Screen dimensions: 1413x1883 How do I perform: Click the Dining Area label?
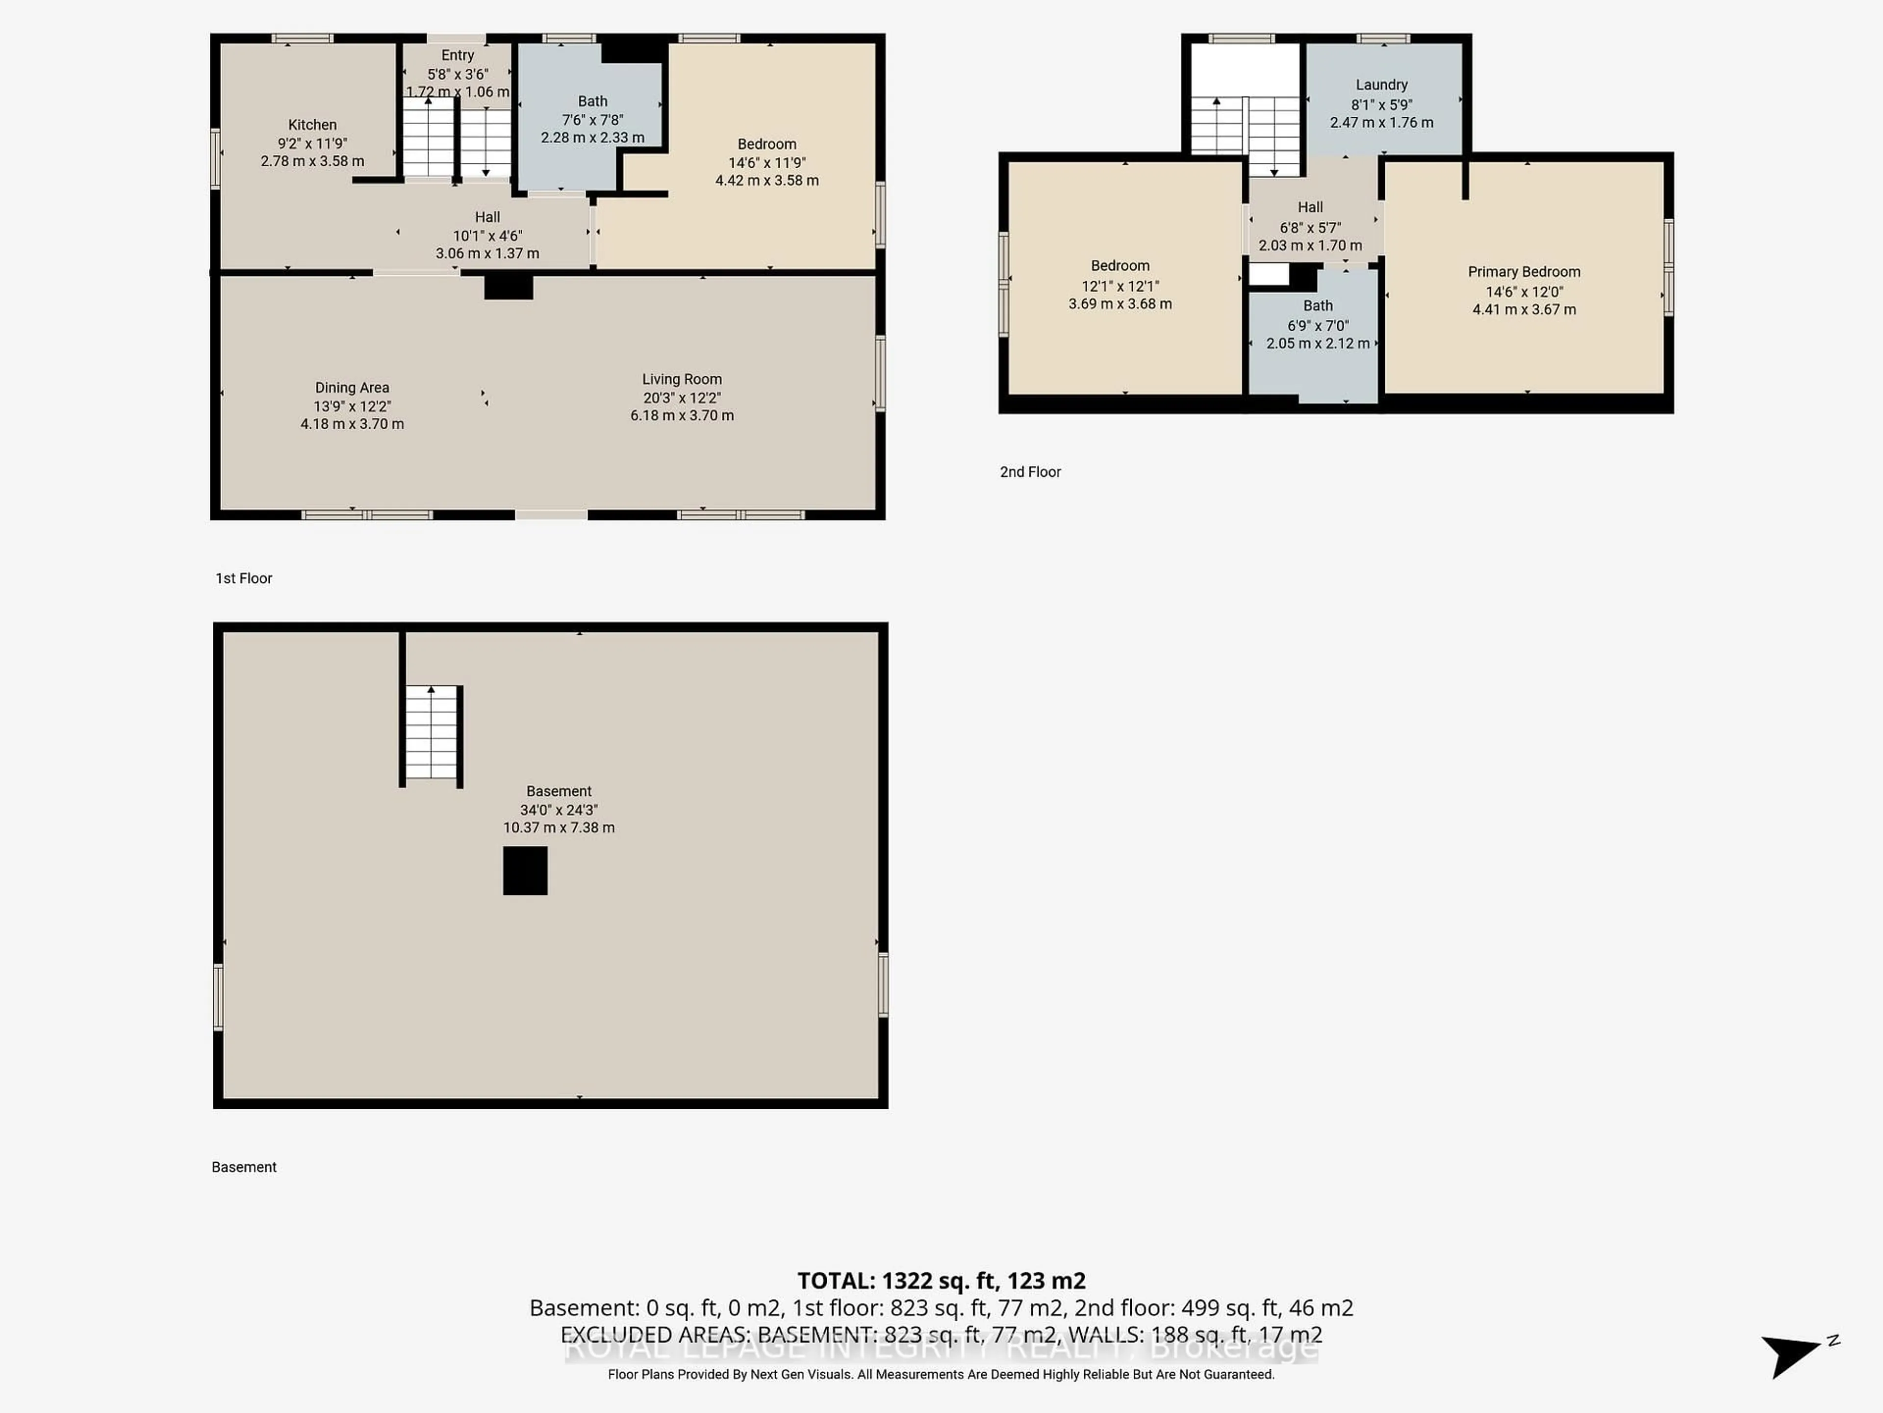(x=352, y=388)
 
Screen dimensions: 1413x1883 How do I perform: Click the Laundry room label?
(x=1381, y=85)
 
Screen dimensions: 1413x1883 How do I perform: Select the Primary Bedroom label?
(x=1523, y=272)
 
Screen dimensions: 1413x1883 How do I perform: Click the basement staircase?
(x=432, y=733)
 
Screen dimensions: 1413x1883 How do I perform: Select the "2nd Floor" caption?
(x=1030, y=472)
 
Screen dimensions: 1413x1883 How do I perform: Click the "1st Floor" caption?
(x=243, y=578)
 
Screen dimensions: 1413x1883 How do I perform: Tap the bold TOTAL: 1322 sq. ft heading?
(x=941, y=1281)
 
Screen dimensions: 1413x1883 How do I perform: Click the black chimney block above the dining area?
(x=508, y=287)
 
